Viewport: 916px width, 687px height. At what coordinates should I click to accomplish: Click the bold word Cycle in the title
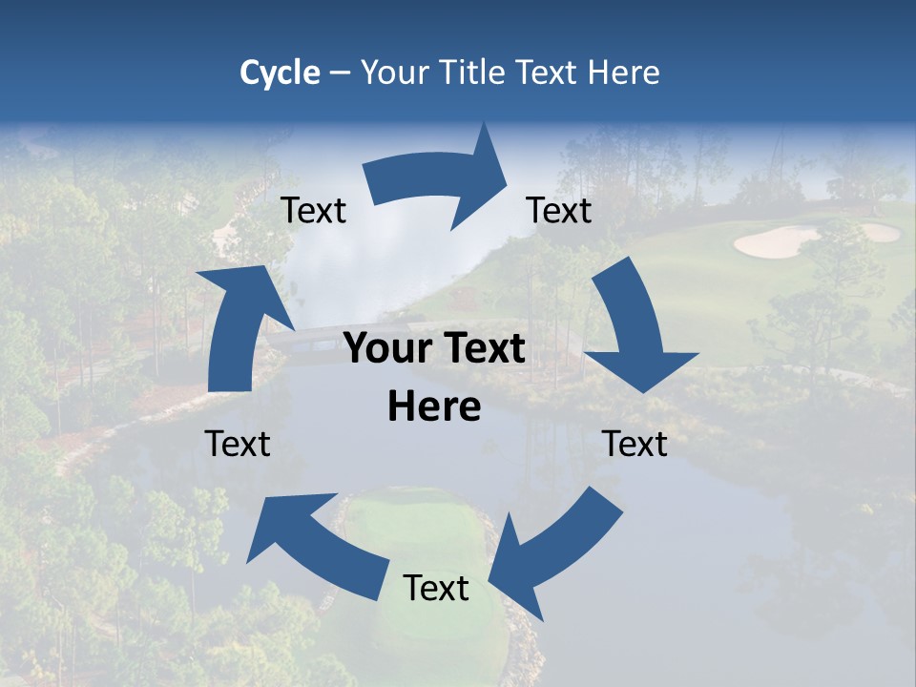(x=280, y=73)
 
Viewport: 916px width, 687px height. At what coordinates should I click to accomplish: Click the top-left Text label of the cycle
(x=314, y=211)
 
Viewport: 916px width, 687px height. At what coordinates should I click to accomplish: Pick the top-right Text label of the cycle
(x=559, y=211)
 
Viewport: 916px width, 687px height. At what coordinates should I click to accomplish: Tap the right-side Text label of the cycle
(x=635, y=444)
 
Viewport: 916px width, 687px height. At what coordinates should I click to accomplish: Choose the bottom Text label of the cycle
(x=436, y=588)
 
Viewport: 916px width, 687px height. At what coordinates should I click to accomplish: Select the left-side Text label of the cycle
(x=238, y=444)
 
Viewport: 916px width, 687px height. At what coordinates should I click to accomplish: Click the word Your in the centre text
(x=387, y=349)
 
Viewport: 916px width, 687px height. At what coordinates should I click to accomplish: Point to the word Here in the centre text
(x=434, y=407)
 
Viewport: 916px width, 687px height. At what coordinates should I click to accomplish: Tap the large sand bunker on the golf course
(x=775, y=242)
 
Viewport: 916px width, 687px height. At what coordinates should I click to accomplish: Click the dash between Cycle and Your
(x=341, y=73)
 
